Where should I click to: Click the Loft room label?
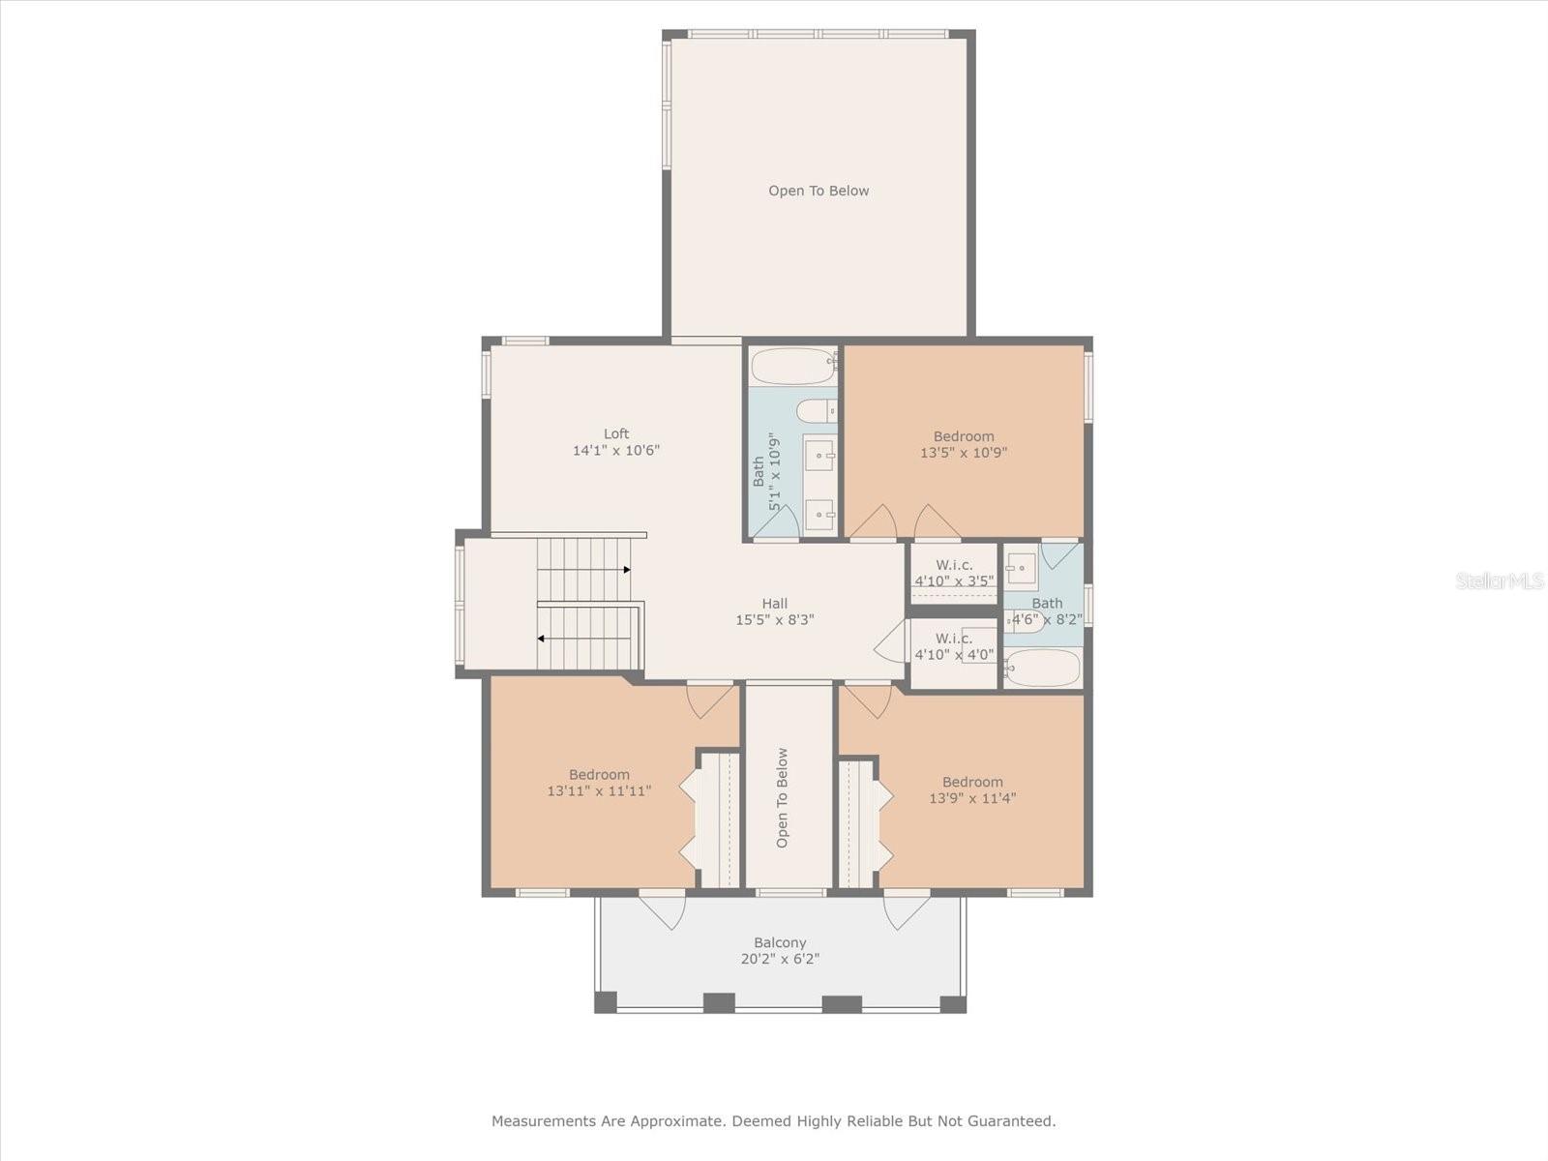[x=615, y=433]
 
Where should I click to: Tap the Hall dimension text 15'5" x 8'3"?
[x=774, y=619]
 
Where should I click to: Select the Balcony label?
[x=779, y=942]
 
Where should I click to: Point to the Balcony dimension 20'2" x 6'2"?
[x=779, y=959]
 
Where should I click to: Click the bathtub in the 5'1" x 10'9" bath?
[x=793, y=366]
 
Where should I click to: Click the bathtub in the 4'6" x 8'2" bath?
[x=1043, y=668]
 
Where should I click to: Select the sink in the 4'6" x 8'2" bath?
[x=1021, y=568]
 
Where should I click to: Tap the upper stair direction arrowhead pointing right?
[x=627, y=570]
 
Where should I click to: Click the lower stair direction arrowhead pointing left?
[x=541, y=639]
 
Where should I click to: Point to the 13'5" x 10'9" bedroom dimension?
[x=964, y=453]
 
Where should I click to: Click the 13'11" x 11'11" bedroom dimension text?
[x=599, y=790]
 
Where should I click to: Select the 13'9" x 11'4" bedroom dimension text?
[x=971, y=798]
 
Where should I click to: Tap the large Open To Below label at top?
[x=819, y=191]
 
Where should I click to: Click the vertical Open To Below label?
[x=782, y=797]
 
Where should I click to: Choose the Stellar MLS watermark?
[x=1500, y=580]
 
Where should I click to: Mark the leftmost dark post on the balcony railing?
[x=605, y=1001]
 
